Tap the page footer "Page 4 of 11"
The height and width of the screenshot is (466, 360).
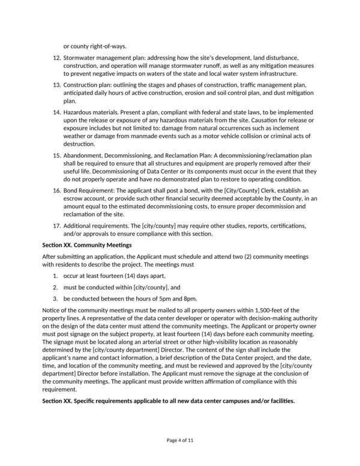click(x=180, y=440)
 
